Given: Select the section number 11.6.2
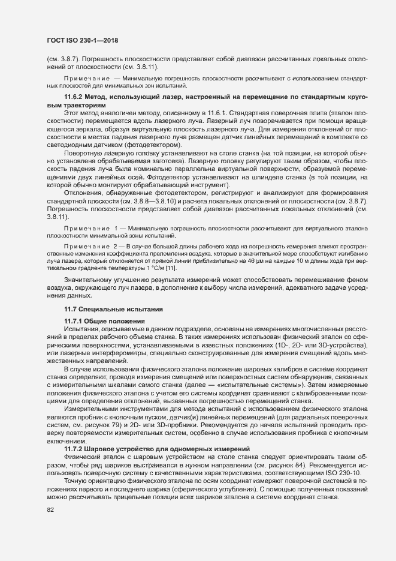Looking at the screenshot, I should pyautogui.click(x=75, y=97).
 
